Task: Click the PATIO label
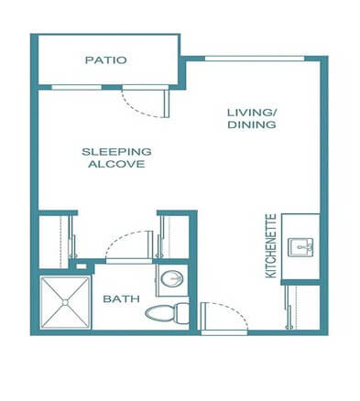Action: tap(105, 61)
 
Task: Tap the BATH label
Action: tap(119, 298)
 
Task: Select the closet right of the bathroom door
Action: tap(174, 236)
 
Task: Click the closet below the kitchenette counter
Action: tap(302, 306)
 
